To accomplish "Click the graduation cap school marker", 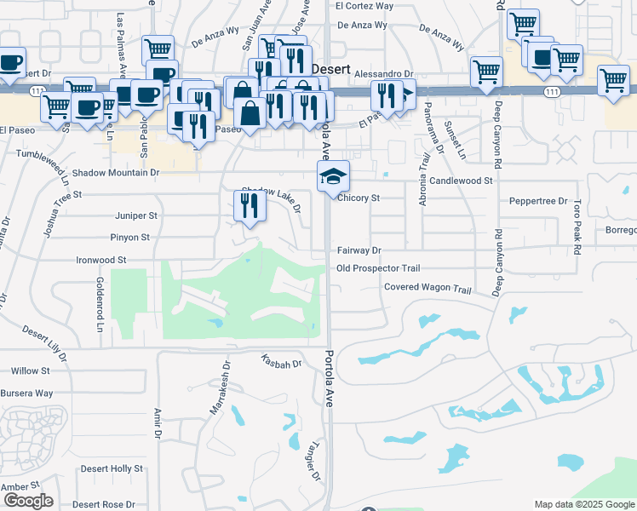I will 333,176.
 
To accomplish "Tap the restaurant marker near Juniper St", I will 249,206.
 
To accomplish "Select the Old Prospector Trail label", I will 378,268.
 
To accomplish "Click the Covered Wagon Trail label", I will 428,289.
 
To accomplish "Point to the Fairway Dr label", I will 359,250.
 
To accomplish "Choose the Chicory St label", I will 358,198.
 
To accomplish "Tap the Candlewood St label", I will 461,181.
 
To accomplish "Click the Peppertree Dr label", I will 538,201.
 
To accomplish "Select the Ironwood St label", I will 101,259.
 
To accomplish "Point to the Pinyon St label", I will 129,238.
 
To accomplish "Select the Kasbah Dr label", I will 282,362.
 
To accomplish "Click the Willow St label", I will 31,371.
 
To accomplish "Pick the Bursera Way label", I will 32,393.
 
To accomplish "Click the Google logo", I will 28,501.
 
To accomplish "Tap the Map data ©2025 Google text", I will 584,504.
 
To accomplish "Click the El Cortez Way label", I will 364,5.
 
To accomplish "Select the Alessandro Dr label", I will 383,74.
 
